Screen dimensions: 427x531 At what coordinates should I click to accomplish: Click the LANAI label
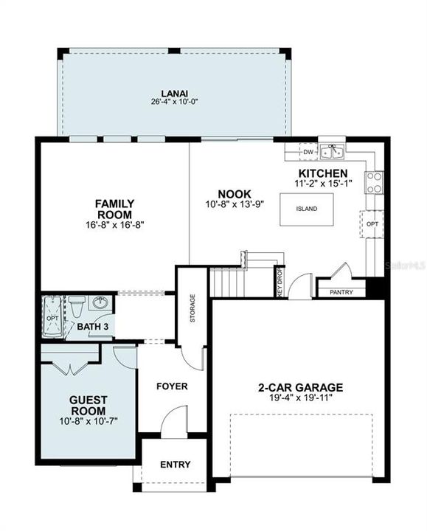(x=174, y=93)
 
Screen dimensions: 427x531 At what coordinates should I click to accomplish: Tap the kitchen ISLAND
(x=307, y=209)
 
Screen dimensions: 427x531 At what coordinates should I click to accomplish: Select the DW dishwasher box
(x=308, y=152)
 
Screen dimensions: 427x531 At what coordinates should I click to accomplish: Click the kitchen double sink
(x=332, y=151)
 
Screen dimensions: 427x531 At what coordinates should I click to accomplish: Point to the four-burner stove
(x=374, y=183)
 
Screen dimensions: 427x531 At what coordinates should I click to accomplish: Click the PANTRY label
(x=341, y=292)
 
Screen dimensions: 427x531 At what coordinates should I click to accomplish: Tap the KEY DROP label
(x=280, y=282)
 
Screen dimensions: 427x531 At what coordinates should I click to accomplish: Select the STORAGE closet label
(x=192, y=308)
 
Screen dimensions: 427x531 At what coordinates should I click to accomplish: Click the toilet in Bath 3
(x=77, y=307)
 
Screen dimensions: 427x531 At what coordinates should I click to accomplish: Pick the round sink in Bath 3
(x=100, y=303)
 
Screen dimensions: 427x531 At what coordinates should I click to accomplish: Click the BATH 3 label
(x=93, y=327)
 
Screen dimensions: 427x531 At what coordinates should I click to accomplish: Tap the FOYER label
(x=172, y=386)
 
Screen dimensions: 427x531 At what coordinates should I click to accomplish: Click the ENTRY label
(x=175, y=465)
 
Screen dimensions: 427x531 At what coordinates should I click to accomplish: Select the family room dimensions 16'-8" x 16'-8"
(x=115, y=224)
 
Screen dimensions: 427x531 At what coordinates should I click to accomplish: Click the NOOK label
(x=235, y=194)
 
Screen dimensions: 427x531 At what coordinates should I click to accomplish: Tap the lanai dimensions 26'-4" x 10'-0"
(x=174, y=102)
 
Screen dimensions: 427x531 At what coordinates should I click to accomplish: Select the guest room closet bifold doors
(x=71, y=369)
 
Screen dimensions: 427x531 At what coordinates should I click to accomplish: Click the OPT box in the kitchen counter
(x=372, y=224)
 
